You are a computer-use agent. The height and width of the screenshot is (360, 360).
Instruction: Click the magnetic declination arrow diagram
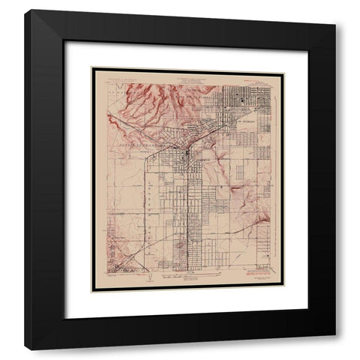pos(154,275)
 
